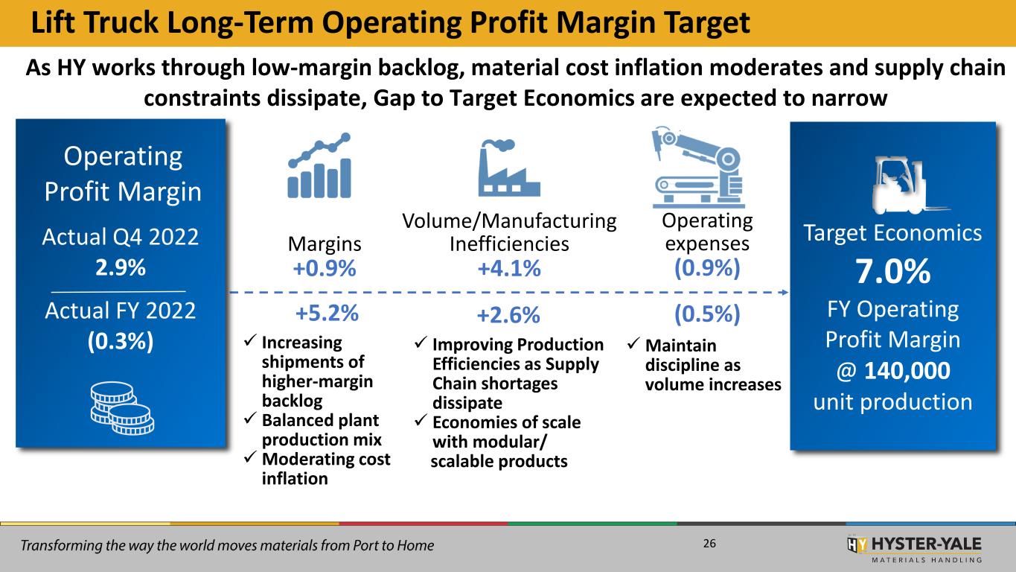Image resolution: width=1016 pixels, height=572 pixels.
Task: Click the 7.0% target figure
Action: [x=892, y=273]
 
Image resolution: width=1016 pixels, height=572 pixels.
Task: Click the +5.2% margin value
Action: [x=328, y=315]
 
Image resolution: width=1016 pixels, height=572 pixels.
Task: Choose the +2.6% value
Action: [x=509, y=316]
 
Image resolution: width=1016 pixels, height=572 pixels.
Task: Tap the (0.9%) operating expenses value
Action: [x=706, y=268]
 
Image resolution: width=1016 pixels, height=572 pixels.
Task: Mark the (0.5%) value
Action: [x=706, y=315]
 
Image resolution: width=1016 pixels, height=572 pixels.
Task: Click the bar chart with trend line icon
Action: [x=319, y=165]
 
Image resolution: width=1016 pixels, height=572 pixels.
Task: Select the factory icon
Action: [x=509, y=167]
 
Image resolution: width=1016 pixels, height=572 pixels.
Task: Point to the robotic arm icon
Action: [x=697, y=167]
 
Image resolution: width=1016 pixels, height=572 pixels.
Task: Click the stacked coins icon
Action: [x=121, y=407]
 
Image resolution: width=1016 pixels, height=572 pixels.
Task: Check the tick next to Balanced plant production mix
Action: [x=250, y=419]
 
